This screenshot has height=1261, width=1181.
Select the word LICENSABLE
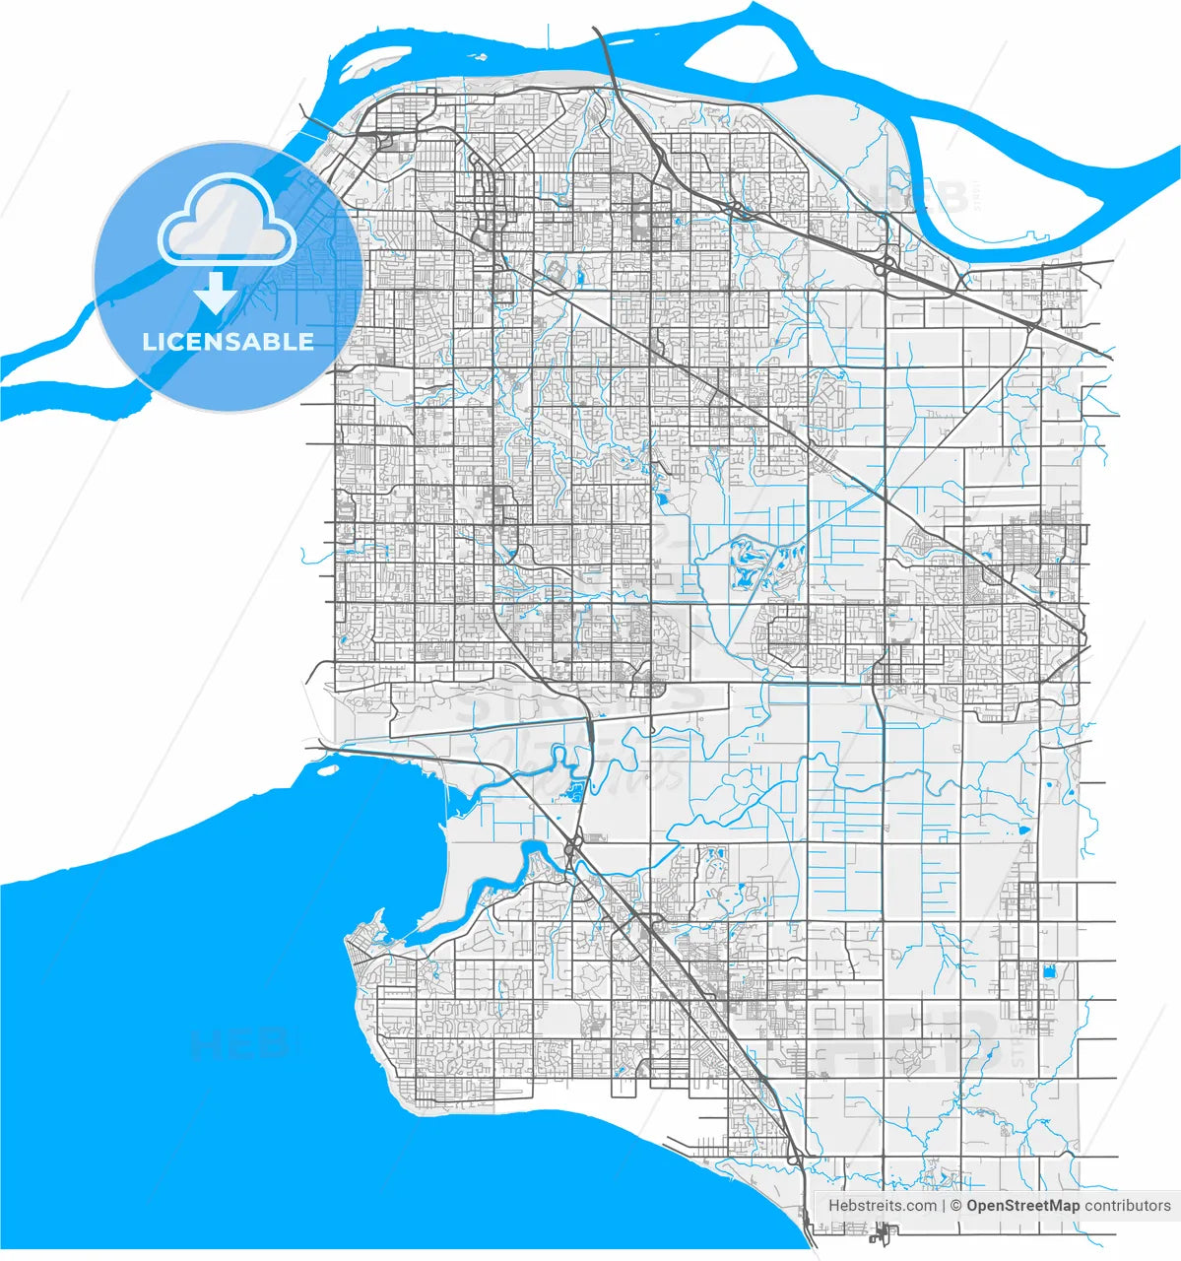(x=229, y=342)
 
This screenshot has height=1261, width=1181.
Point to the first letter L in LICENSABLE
(x=149, y=342)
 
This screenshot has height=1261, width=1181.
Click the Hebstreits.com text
(x=883, y=1205)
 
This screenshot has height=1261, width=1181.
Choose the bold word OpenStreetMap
(x=1022, y=1205)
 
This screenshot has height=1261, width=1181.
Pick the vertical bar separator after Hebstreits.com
(x=945, y=1205)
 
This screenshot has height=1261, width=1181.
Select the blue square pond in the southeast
(x=1047, y=971)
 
